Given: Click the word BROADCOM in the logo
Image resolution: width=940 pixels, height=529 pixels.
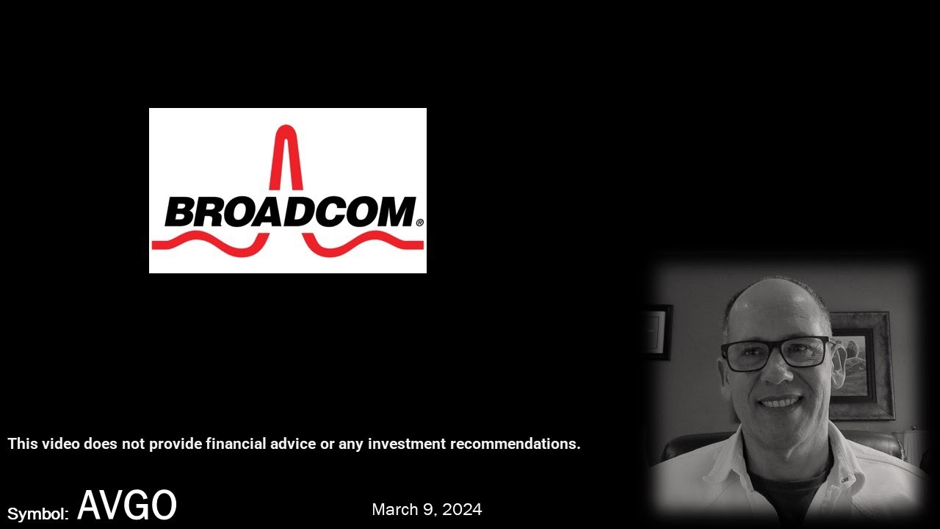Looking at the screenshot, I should pos(291,212).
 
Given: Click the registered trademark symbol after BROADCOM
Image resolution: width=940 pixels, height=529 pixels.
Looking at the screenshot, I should pos(420,223).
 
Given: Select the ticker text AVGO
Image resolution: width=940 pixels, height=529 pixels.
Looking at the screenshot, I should pos(127,505).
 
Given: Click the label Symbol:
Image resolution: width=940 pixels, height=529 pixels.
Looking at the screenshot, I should pos(38,514).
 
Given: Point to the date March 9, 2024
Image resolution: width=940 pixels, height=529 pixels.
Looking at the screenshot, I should pos(427,509).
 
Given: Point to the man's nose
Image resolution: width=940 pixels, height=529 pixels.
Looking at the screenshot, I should pos(779,371).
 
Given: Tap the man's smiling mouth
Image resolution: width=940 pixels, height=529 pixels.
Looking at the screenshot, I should pos(781,402).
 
